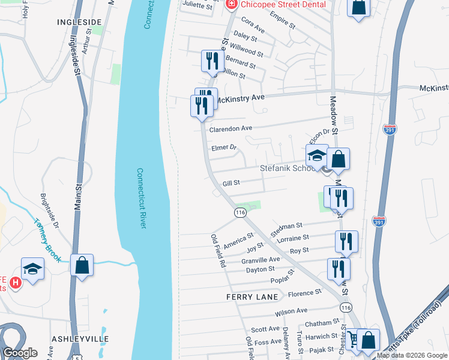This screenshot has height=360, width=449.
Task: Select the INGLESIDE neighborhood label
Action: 79,22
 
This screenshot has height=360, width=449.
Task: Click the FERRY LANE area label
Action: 252,297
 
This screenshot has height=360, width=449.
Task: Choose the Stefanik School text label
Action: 288,169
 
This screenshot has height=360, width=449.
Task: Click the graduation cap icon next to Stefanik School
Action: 317,155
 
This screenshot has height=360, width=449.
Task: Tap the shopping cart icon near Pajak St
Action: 351,339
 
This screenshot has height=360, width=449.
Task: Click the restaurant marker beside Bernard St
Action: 212,61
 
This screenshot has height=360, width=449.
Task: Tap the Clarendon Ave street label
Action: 231,128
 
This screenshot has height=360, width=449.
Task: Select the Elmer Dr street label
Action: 224,147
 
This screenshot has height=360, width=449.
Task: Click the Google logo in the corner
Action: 20,353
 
